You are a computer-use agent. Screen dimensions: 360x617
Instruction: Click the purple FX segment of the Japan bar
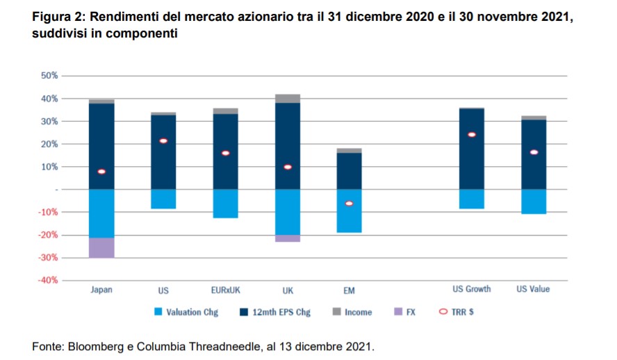(101, 248)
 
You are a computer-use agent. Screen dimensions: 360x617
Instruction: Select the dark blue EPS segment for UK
(287, 146)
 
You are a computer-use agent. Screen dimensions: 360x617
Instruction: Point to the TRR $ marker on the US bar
(163, 141)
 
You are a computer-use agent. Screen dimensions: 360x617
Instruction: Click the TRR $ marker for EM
(349, 204)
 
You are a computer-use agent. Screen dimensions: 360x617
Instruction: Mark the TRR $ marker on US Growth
(472, 135)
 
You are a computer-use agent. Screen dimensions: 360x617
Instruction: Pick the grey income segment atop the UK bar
(287, 99)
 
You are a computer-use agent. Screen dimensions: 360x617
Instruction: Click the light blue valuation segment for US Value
(533, 202)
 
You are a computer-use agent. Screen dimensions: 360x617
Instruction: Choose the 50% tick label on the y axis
(49, 76)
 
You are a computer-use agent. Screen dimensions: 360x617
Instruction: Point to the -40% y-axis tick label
(47, 280)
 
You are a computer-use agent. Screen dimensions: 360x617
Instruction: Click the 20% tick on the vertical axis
(49, 144)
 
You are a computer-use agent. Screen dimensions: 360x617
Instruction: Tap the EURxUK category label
(225, 290)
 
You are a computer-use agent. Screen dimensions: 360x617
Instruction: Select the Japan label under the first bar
(101, 290)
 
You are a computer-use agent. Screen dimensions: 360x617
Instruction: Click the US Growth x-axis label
(472, 289)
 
